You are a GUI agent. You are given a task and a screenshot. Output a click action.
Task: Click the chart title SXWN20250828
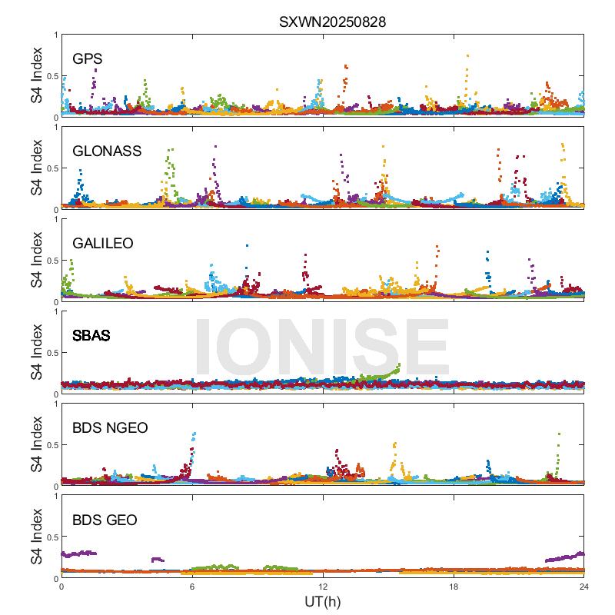(x=332, y=22)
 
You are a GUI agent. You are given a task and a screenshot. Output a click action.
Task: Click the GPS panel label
(x=87, y=59)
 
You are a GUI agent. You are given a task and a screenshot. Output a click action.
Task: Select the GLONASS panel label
(x=107, y=151)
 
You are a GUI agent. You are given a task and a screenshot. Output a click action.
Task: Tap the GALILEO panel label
(x=103, y=244)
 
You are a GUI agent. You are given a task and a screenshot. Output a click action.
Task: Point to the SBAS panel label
(x=91, y=336)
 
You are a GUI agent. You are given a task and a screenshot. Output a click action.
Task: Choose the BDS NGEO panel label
(x=111, y=428)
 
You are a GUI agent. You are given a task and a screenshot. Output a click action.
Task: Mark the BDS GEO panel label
(x=105, y=520)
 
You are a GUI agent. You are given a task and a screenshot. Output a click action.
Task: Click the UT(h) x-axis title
(x=322, y=600)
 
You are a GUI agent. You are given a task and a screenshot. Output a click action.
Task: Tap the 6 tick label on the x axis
(x=192, y=587)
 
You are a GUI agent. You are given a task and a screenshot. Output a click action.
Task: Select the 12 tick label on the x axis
(x=323, y=587)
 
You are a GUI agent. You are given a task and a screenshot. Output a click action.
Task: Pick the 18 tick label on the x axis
(x=454, y=587)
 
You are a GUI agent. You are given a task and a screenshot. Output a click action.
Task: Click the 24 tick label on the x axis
(x=584, y=587)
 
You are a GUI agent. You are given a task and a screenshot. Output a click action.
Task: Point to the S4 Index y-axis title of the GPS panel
(x=37, y=76)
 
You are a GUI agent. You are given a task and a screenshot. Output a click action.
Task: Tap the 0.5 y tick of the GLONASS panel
(x=51, y=168)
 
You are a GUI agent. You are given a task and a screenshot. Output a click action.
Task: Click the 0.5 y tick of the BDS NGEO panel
(x=51, y=445)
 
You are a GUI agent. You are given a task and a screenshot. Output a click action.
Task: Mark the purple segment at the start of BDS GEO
(x=78, y=553)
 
